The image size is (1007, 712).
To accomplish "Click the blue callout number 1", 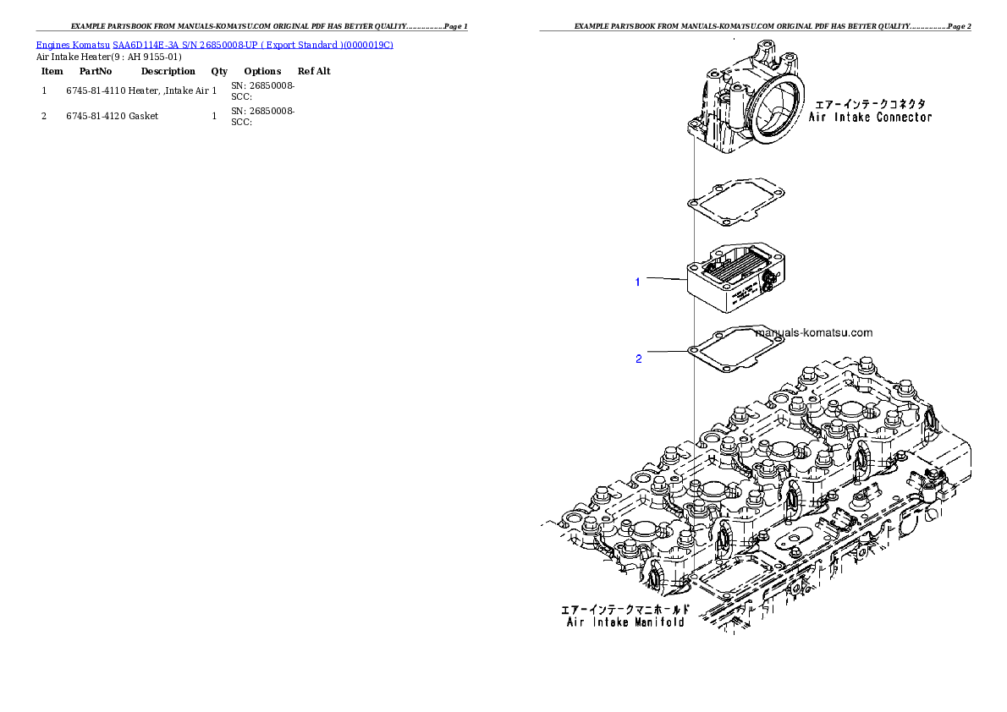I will tap(638, 282).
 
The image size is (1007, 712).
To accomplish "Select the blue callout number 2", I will tap(638, 359).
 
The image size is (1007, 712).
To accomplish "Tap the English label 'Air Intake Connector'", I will tap(870, 118).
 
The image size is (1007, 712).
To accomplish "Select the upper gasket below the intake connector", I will tap(735, 203).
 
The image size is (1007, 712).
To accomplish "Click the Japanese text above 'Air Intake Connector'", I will tap(869, 104).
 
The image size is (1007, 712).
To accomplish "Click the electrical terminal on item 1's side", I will tap(768, 283).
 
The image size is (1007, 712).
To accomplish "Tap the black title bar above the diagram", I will tap(755, 31).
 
